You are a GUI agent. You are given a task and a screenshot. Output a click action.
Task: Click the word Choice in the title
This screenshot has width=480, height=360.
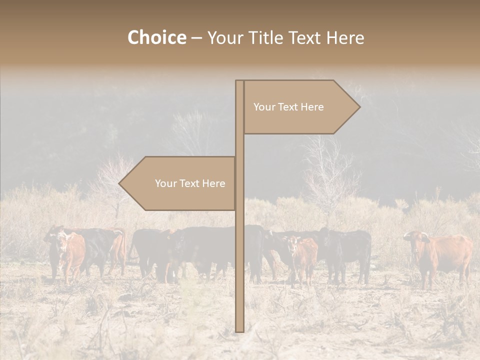tap(156, 37)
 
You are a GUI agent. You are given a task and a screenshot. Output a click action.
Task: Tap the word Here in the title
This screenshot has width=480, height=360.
tap(345, 37)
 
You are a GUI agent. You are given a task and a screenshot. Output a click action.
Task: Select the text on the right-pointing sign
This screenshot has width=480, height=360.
tap(288, 107)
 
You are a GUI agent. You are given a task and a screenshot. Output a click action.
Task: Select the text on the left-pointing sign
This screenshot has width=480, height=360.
tap(190, 183)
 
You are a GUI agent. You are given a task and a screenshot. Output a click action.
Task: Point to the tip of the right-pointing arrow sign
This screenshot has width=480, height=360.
tap(359, 106)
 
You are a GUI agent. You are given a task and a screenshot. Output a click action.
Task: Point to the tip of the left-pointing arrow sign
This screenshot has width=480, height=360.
tap(119, 183)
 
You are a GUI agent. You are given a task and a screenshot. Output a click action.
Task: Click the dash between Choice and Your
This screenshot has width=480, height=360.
tap(196, 38)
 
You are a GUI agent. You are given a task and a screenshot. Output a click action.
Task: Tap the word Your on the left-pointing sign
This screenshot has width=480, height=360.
tap(165, 183)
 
